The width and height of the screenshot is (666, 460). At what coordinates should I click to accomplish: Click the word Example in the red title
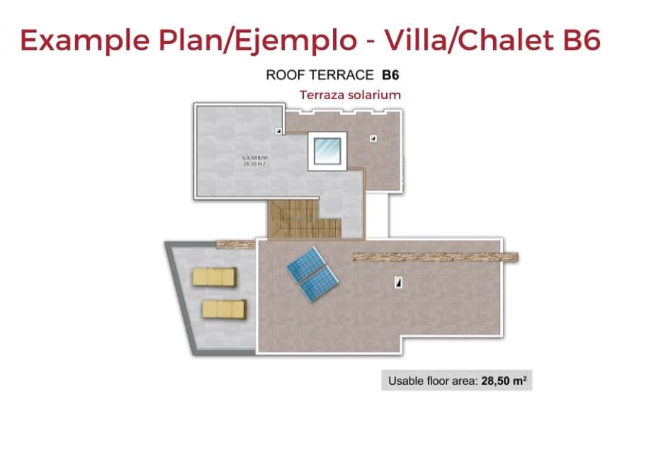pyautogui.click(x=84, y=41)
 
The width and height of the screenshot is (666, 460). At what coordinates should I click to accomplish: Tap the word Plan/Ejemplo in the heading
pyautogui.click(x=258, y=41)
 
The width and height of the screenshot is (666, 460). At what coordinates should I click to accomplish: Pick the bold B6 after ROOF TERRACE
pyautogui.click(x=390, y=75)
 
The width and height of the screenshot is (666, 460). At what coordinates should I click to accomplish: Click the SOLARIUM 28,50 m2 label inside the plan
pyautogui.click(x=254, y=161)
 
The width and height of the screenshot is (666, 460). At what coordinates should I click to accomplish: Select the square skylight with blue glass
pyautogui.click(x=327, y=151)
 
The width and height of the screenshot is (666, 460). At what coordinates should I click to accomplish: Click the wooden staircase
pyautogui.click(x=304, y=219)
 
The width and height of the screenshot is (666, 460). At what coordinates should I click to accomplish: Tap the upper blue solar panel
pyautogui.click(x=306, y=264)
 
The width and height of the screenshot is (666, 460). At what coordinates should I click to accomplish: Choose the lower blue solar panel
pyautogui.click(x=319, y=284)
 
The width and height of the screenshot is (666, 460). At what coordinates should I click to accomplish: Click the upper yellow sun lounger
pyautogui.click(x=214, y=277)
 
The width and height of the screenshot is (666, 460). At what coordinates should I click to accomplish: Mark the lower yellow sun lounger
pyautogui.click(x=224, y=309)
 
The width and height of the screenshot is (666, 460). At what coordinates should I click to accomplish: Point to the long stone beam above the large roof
pyautogui.click(x=435, y=257)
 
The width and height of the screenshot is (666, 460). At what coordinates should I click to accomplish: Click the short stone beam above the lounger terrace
pyautogui.click(x=236, y=244)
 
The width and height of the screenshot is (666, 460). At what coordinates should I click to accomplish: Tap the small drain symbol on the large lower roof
pyautogui.click(x=398, y=282)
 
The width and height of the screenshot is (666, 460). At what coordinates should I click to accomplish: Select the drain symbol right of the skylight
pyautogui.click(x=373, y=138)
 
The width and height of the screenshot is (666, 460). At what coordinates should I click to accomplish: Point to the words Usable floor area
pyautogui.click(x=433, y=381)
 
